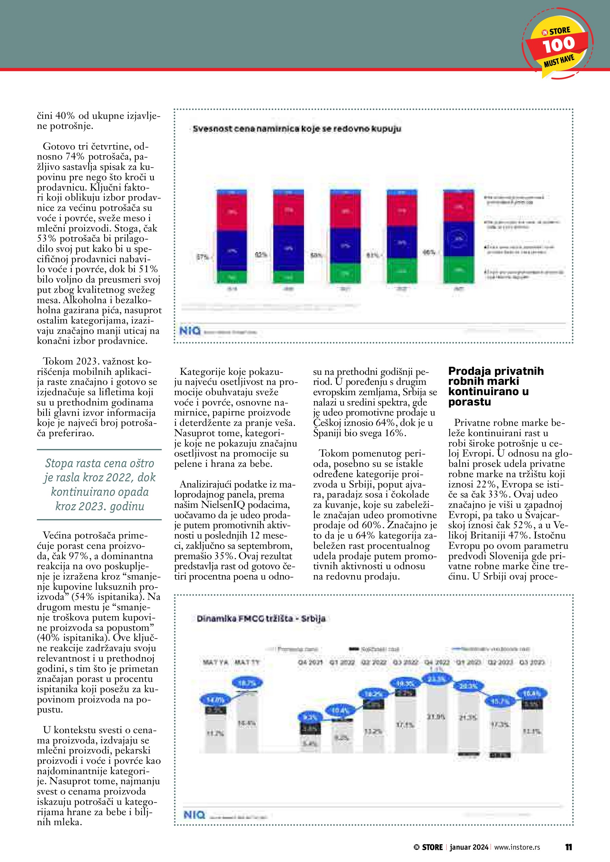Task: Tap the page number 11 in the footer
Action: (568, 847)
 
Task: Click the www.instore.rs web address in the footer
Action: (517, 847)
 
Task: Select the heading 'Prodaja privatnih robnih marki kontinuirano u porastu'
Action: (496, 386)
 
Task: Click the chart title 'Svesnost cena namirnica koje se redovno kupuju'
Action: (297, 129)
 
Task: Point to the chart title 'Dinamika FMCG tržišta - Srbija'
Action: (261, 618)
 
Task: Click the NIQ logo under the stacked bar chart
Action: (190, 331)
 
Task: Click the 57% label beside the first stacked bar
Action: (202, 257)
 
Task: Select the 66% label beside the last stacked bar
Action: (429, 252)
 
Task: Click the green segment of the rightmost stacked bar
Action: (458, 270)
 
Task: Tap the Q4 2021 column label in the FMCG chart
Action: (310, 662)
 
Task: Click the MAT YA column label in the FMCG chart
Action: (216, 662)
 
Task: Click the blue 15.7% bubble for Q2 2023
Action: (500, 701)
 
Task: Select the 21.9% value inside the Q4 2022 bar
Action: (436, 717)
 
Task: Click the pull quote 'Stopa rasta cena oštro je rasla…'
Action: (99, 484)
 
